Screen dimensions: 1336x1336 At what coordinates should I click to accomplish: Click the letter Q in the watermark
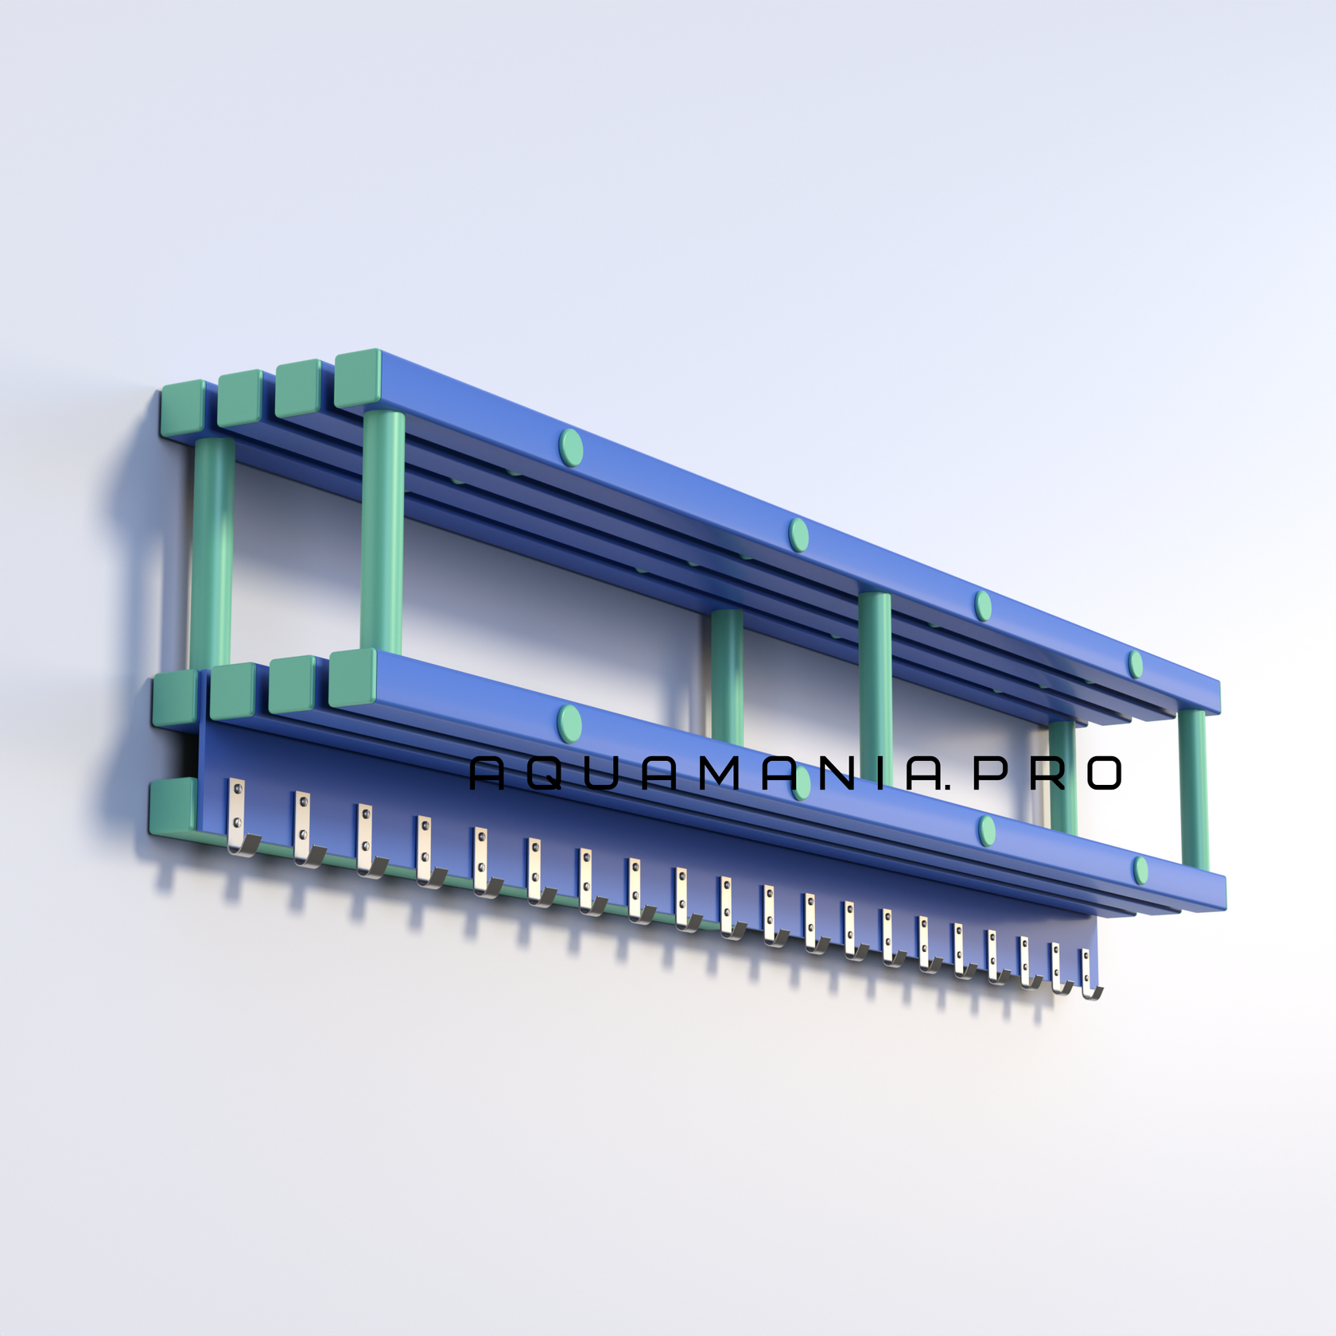545,773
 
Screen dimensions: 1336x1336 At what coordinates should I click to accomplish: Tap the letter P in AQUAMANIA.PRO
990,773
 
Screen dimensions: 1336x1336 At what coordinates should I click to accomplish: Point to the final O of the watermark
1105,773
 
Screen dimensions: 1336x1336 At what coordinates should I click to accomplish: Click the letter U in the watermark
602,773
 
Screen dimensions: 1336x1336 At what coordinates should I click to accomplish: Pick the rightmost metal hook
1088,973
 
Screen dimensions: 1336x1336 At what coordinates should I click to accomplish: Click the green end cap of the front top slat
358,378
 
